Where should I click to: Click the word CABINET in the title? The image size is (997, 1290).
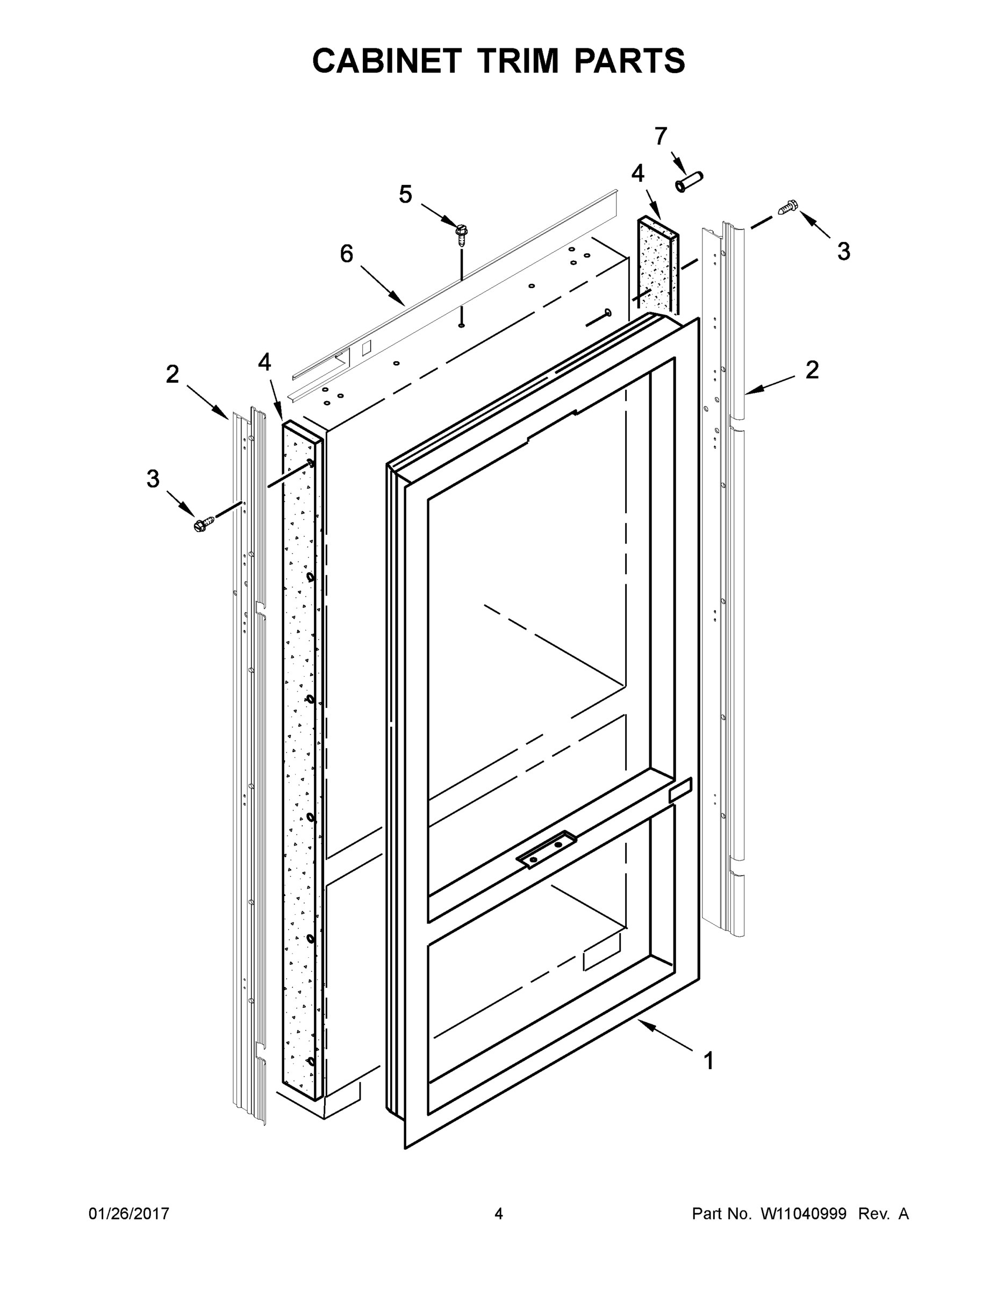pos(386,60)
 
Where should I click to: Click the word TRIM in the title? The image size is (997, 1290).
pos(517,60)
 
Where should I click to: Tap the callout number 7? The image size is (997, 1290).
pos(661,137)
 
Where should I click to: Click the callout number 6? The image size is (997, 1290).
pos(347,254)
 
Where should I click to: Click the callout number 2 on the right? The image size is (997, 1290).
pos(812,370)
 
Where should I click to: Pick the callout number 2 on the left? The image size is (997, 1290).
pos(172,375)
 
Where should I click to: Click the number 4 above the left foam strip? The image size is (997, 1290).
pos(264,362)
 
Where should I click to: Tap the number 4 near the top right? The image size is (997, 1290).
pos(637,174)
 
